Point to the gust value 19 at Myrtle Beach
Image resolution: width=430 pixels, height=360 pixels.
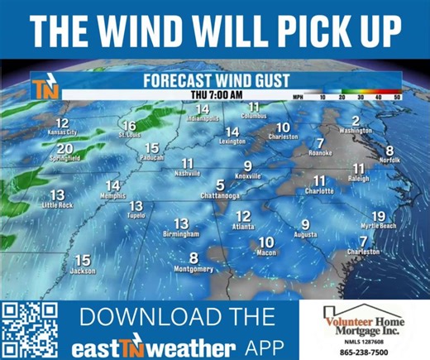tap(378, 216)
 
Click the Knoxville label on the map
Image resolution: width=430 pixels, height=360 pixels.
tap(247, 177)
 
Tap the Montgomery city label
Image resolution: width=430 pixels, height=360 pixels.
tap(193, 270)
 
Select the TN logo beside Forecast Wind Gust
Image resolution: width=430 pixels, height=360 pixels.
tap(43, 88)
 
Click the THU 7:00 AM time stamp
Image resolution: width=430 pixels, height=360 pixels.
tap(216, 95)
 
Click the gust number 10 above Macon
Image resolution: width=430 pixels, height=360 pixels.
tap(265, 242)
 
